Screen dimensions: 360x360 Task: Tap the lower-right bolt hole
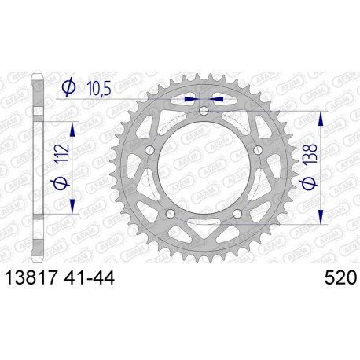237,213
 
